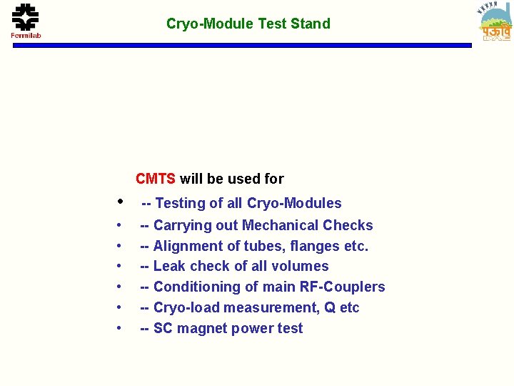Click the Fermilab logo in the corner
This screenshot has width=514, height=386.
click(x=26, y=21)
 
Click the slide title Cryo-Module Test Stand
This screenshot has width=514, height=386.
click(x=248, y=24)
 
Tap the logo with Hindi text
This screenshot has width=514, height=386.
click(x=496, y=22)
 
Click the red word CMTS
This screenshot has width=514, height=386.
click(x=156, y=179)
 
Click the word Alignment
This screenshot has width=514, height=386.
click(x=187, y=247)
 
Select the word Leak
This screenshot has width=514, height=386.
click(x=169, y=267)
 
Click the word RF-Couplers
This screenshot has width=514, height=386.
click(x=345, y=287)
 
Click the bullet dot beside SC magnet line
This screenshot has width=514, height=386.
click(x=119, y=329)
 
